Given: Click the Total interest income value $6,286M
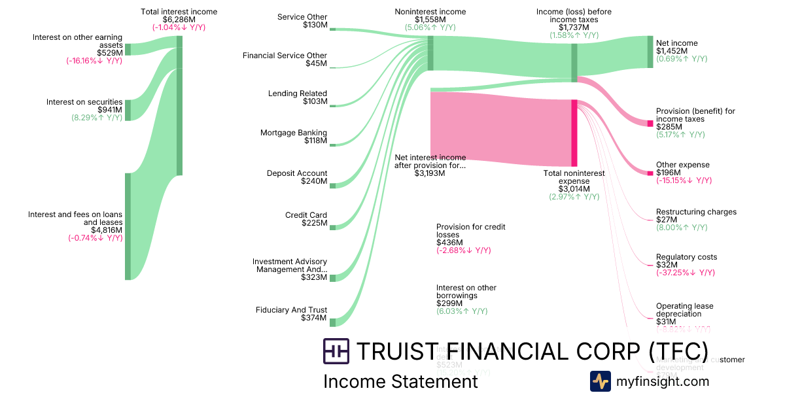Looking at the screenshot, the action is click(x=179, y=20).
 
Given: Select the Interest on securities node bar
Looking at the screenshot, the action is click(x=128, y=111).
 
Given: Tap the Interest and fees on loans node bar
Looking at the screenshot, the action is click(x=128, y=226).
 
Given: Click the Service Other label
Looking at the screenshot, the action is click(x=302, y=17).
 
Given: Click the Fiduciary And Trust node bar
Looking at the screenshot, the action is click(x=332, y=322).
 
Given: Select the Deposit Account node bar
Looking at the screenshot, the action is click(x=332, y=186).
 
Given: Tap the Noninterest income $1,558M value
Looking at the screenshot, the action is click(x=430, y=20).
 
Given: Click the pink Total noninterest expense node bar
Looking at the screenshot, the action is click(x=574, y=133).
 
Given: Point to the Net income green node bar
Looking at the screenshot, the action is click(x=650, y=52).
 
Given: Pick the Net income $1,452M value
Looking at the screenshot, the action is click(x=669, y=51).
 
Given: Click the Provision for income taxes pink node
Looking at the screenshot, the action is click(x=650, y=124).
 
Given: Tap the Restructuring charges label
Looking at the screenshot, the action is click(x=696, y=212).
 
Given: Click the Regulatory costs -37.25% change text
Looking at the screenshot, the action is click(x=685, y=273).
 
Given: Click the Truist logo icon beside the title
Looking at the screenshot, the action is click(x=336, y=351).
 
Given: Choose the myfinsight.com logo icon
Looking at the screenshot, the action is click(x=600, y=381).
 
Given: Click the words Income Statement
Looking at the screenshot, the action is click(x=400, y=381).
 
